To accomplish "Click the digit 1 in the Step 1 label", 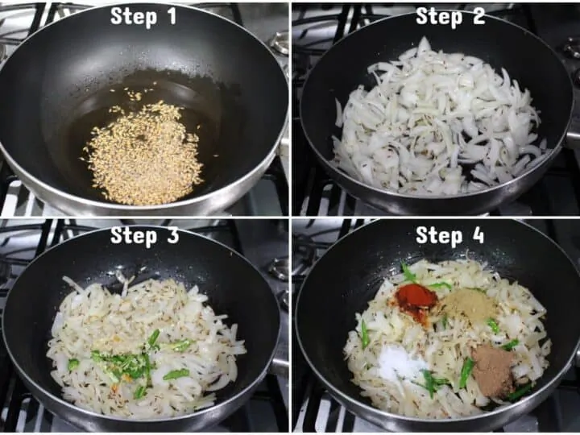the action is (x=172, y=16).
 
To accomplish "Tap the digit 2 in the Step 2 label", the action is (x=478, y=16).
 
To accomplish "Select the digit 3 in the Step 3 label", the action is (x=172, y=235).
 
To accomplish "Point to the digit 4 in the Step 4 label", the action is (x=478, y=235).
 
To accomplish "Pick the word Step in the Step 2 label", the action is (x=440, y=18).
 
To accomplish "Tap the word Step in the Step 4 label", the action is (x=440, y=236).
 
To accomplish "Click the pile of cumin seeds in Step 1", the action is (x=143, y=152).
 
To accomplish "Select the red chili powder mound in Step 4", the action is (x=417, y=302).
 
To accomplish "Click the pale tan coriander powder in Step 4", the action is (x=469, y=304).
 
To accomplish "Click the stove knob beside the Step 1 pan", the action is (x=280, y=43).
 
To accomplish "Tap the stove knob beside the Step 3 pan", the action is (x=280, y=268).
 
